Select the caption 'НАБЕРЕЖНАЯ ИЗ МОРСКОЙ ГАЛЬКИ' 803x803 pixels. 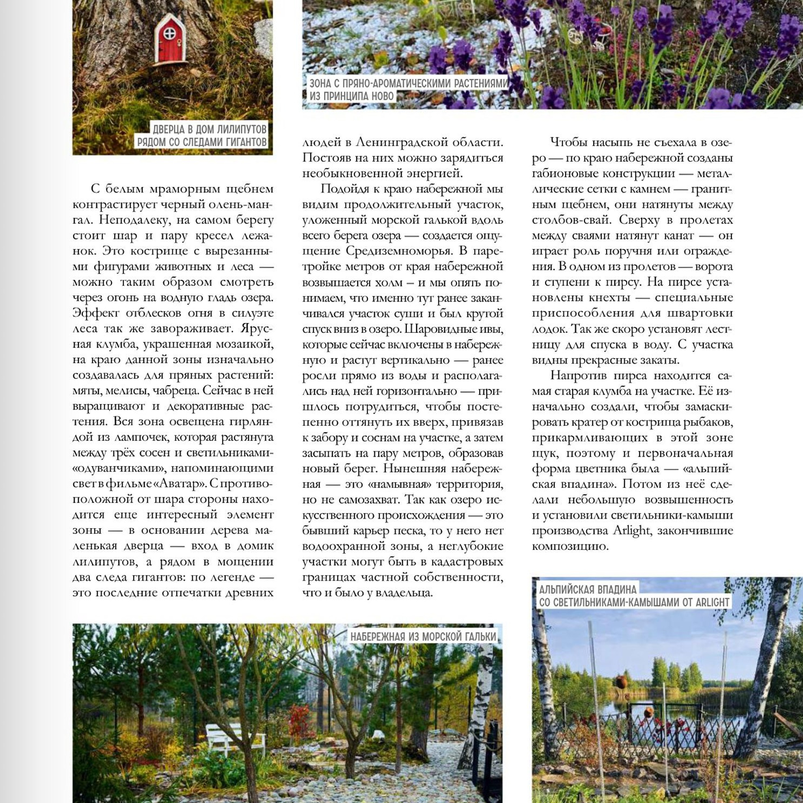[423, 637]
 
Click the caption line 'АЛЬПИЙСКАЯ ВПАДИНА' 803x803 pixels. [588, 590]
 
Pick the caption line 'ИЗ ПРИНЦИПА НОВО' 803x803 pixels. [351, 96]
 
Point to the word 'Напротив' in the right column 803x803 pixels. [574, 376]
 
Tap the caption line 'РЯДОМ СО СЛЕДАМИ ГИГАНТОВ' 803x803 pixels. [202, 142]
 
